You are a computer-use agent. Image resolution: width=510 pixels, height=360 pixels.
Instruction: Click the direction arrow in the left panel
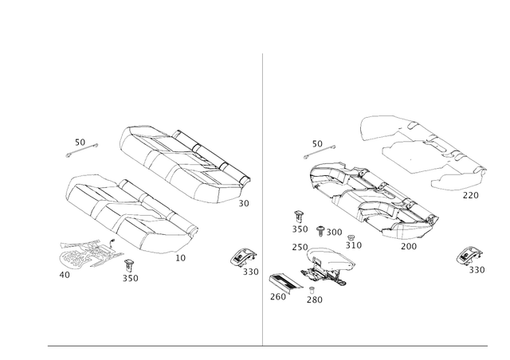tap(83, 145)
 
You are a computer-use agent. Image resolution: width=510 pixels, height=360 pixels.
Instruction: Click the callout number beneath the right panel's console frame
tap(408, 246)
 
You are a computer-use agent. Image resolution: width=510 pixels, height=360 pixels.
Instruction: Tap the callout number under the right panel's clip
tap(477, 271)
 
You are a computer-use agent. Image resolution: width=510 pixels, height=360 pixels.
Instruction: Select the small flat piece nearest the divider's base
tap(281, 284)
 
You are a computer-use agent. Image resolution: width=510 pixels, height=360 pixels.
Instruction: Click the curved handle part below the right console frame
tap(327, 266)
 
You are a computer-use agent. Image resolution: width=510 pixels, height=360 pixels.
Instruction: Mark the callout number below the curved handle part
tap(315, 299)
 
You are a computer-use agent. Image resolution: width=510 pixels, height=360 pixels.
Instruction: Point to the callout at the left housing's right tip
tap(245, 204)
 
